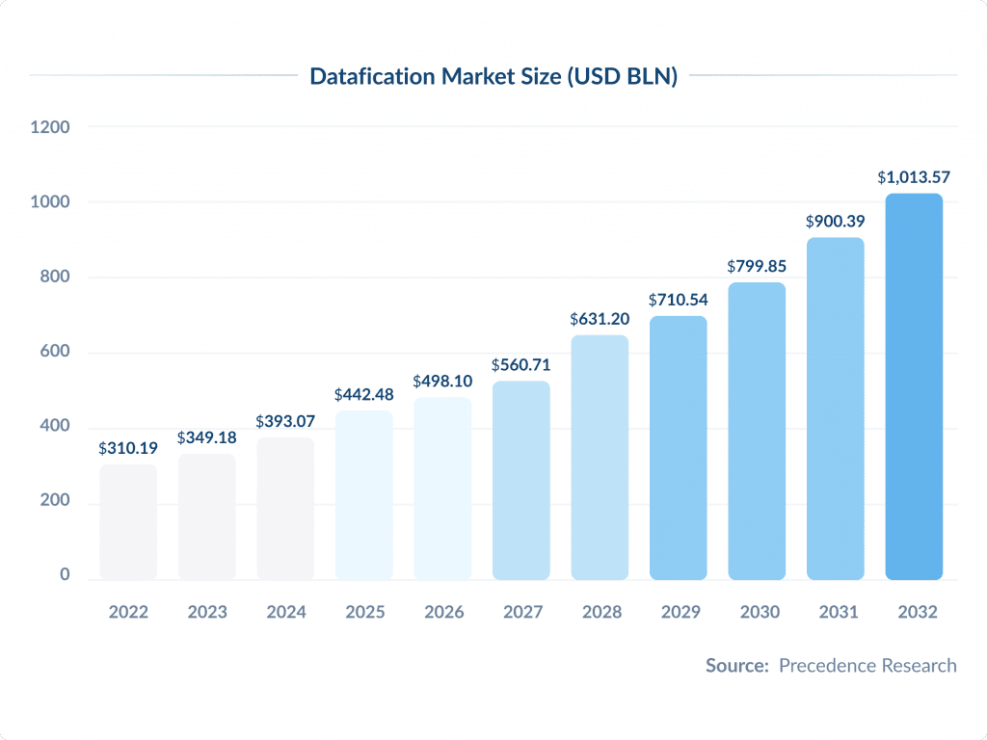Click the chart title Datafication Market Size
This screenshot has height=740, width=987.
tap(493, 77)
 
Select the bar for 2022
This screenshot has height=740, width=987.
tap(128, 522)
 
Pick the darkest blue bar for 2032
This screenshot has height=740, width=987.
tap(914, 386)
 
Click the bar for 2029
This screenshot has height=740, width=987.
tap(679, 448)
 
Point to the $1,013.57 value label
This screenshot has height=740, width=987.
tap(914, 177)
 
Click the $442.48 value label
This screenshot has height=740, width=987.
tap(364, 395)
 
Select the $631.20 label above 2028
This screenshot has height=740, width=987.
tap(600, 318)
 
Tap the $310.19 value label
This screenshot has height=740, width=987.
tap(128, 449)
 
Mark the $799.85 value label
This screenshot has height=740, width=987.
tap(757, 266)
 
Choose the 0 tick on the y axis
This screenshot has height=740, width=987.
tap(65, 575)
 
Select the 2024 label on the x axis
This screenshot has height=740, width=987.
tap(285, 612)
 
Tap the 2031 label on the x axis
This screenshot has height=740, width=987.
tap(835, 612)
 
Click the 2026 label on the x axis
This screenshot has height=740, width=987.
tap(442, 612)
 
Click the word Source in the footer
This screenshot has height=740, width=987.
tap(736, 666)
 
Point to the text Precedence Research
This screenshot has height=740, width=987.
tap(867, 666)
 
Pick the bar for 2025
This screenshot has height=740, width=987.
tap(364, 495)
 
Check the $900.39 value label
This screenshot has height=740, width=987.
tap(836, 222)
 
